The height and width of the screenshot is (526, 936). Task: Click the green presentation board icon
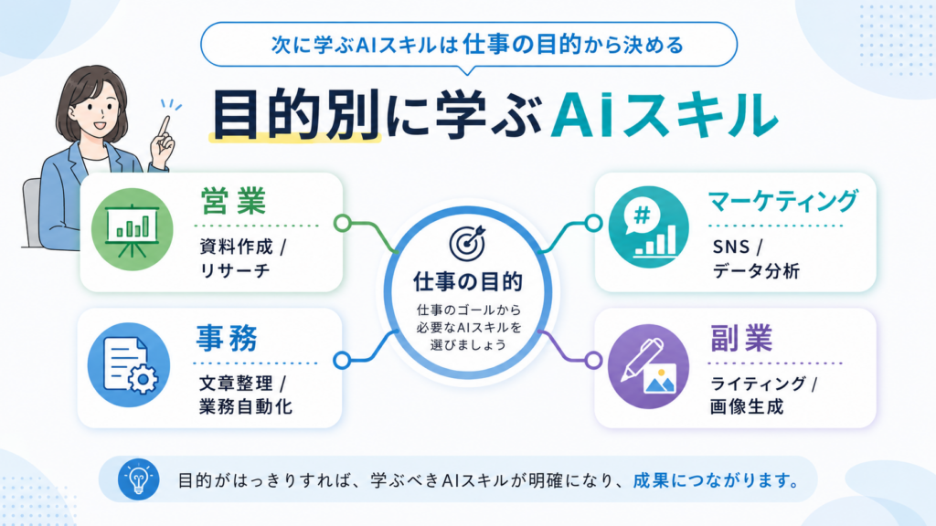(132, 229)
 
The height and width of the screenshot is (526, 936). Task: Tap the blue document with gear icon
(129, 365)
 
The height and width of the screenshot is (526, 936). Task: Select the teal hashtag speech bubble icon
(649, 227)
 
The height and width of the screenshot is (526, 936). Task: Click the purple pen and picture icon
(649, 366)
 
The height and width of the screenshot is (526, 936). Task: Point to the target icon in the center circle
(467, 243)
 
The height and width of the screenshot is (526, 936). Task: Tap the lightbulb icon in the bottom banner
(139, 479)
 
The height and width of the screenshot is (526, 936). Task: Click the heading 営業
(233, 201)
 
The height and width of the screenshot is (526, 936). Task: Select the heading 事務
(227, 338)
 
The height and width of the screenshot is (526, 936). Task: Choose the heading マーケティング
(782, 201)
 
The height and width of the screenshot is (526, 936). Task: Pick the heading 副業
(741, 338)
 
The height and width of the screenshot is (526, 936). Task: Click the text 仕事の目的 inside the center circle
(468, 281)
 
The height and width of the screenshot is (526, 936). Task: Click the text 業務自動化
(245, 406)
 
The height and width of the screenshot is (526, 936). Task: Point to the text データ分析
(756, 270)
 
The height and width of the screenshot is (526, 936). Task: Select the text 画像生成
(746, 406)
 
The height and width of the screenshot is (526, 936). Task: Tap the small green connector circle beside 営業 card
(342, 224)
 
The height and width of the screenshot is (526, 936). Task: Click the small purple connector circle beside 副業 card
(593, 360)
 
